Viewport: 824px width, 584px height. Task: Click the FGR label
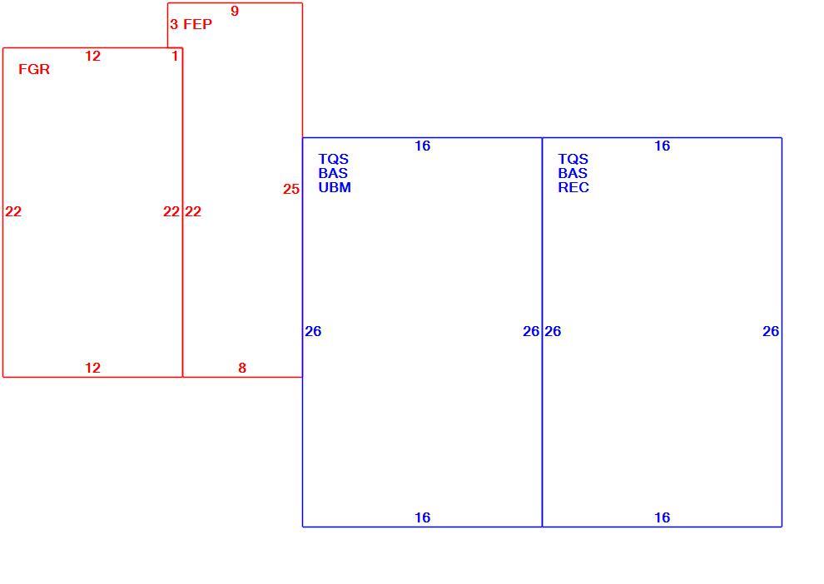[34, 69]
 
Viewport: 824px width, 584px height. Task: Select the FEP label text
[197, 24]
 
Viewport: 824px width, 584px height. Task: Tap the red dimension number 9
[235, 11]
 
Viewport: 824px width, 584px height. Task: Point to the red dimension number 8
[242, 369]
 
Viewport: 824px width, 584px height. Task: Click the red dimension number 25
[291, 189]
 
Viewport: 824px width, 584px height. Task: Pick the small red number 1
[175, 56]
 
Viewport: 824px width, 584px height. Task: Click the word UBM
[335, 187]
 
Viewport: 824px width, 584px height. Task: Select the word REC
[573, 187]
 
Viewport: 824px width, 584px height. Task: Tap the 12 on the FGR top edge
[93, 57]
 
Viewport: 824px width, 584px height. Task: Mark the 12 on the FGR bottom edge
[93, 369]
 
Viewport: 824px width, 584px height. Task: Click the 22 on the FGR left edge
[13, 211]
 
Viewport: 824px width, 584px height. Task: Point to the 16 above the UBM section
[423, 146]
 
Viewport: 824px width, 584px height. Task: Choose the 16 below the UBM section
[423, 517]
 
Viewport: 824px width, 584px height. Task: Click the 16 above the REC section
[663, 146]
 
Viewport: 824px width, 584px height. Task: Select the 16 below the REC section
[663, 517]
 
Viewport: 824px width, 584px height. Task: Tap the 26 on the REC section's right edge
[771, 331]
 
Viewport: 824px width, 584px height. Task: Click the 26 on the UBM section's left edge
[313, 331]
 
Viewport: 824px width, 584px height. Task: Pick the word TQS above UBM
[333, 159]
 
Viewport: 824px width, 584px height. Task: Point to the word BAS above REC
[573, 173]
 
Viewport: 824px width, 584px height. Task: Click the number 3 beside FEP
[174, 24]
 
